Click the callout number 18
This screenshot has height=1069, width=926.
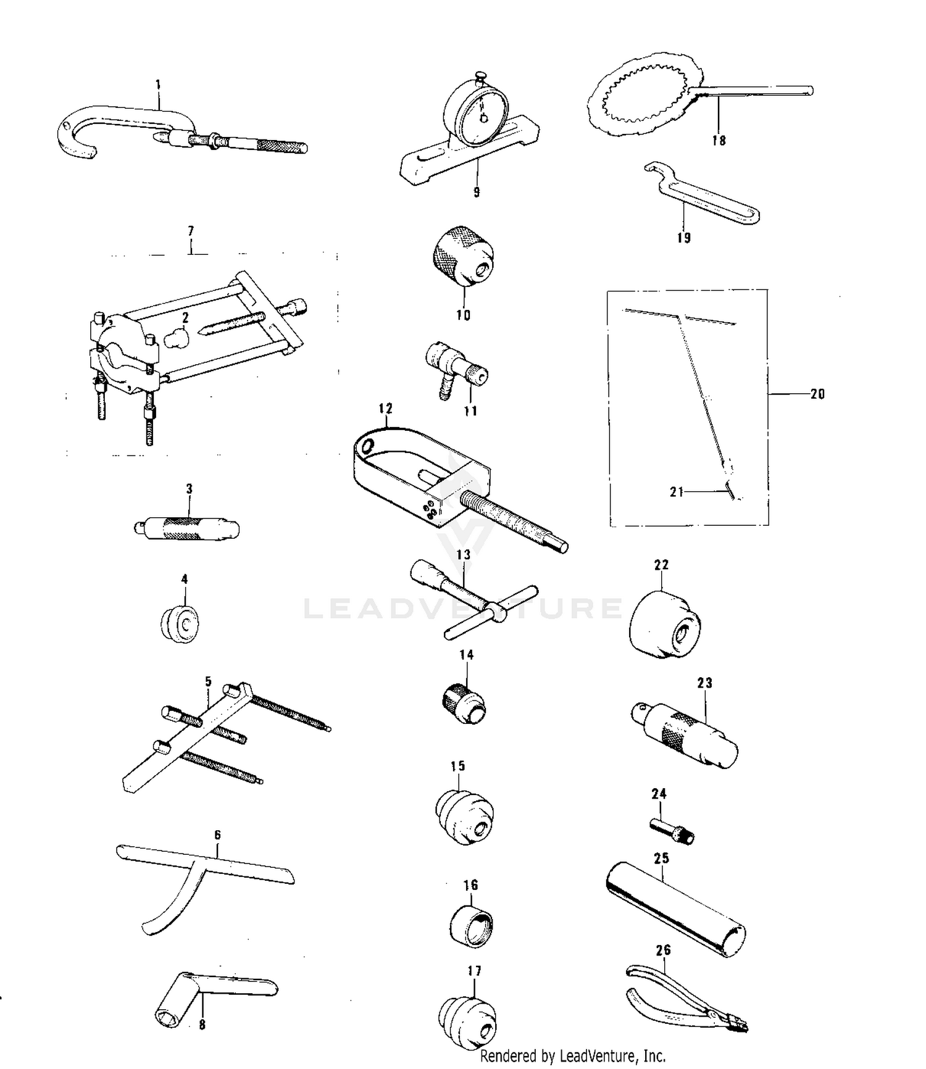[x=719, y=141]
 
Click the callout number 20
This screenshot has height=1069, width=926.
[x=817, y=394]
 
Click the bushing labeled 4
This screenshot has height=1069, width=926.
[x=180, y=623]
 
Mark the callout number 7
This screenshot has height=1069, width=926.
[x=191, y=231]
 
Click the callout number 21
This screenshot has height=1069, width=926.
[x=677, y=492]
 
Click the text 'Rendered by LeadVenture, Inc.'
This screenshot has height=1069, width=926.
[x=573, y=1056]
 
